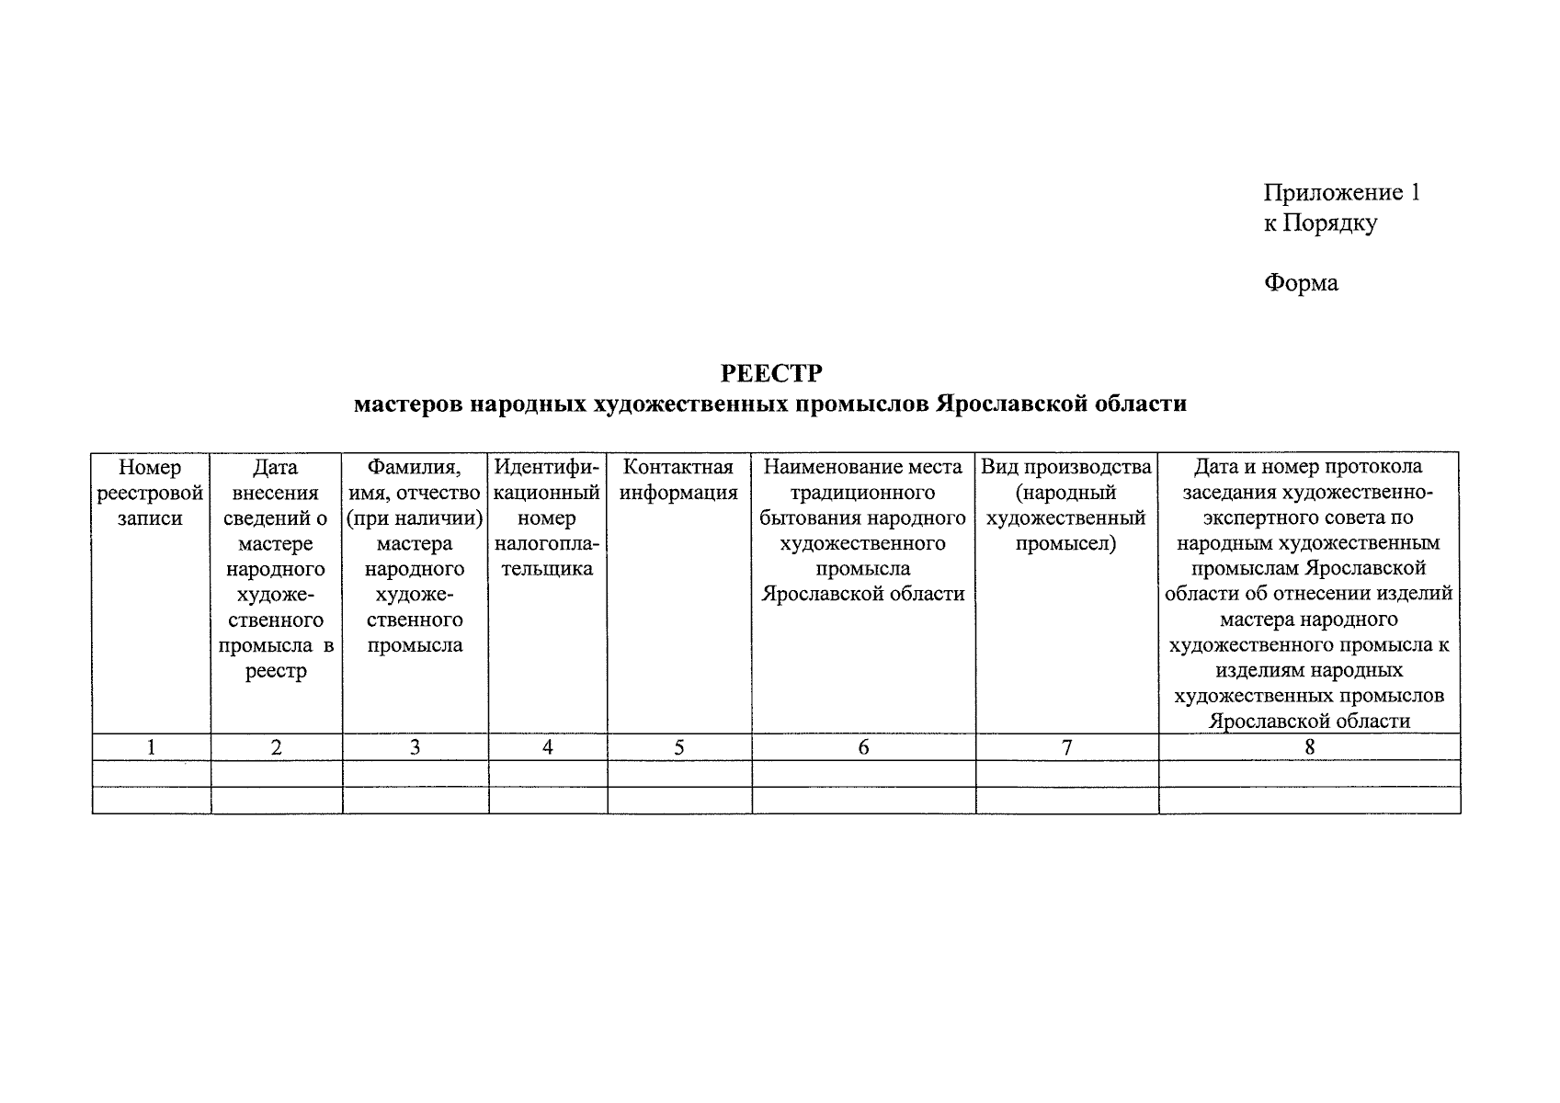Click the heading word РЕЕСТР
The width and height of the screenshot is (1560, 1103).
click(770, 373)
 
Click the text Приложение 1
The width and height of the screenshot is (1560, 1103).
click(1341, 192)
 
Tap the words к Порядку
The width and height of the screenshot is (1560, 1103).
click(1319, 222)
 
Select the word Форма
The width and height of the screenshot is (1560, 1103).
click(1301, 282)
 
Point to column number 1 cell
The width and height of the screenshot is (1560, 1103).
click(151, 747)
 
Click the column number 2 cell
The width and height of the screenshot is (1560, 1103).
click(276, 747)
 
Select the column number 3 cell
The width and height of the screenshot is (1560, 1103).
click(415, 747)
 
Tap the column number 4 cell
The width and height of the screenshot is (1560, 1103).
click(547, 747)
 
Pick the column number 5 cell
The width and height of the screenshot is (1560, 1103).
click(678, 747)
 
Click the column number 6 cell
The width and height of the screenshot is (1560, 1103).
click(863, 747)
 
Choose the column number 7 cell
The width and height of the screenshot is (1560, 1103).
click(1066, 747)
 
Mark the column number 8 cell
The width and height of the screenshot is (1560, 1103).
click(1309, 747)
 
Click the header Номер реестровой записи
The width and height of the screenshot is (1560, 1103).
click(150, 493)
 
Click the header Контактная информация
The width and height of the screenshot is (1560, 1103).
click(678, 480)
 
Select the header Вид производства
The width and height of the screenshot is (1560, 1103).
click(1065, 467)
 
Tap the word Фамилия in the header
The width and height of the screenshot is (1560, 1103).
click(414, 467)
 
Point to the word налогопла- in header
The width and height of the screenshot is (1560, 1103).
click(546, 543)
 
